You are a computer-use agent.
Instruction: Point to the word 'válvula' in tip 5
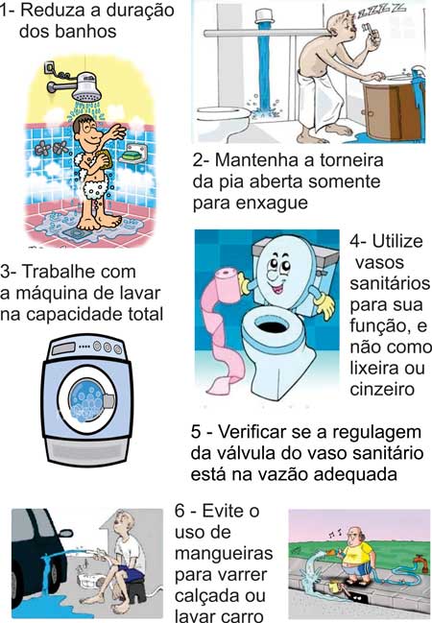click(x=253, y=452)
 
